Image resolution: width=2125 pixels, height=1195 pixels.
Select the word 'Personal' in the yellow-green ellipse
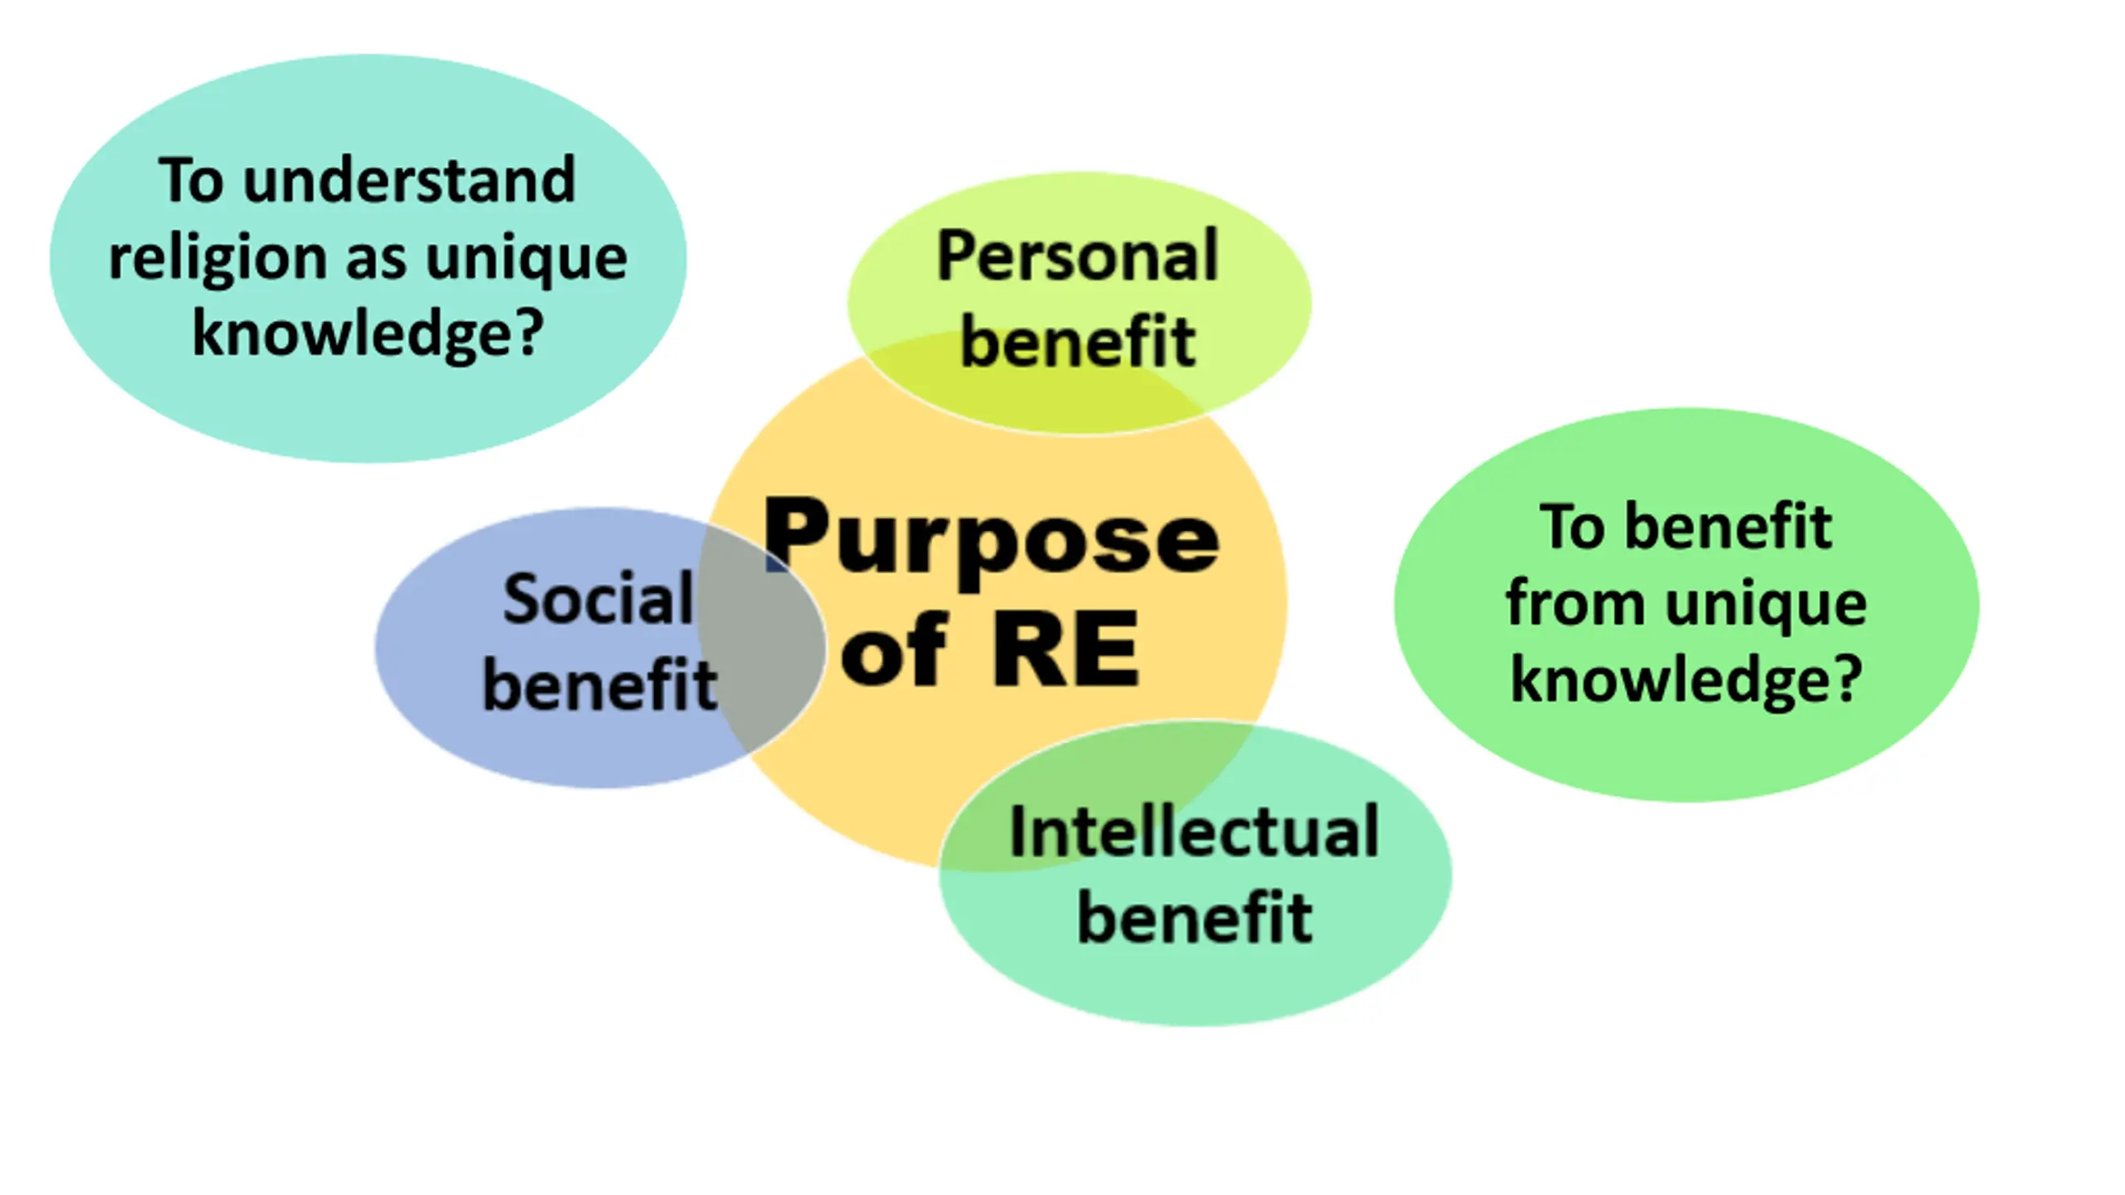(x=1077, y=256)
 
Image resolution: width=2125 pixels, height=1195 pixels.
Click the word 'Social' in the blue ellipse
(x=598, y=599)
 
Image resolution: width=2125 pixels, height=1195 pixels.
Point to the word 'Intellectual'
(x=1194, y=832)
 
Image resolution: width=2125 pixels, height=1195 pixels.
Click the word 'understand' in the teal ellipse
(x=408, y=180)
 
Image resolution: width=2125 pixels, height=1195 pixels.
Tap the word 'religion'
(x=217, y=259)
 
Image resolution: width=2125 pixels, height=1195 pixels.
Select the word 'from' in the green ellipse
(x=1575, y=603)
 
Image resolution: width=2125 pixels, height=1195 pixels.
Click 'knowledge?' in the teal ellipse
(x=368, y=333)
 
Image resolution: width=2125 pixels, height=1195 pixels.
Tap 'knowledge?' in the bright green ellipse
(x=1686, y=680)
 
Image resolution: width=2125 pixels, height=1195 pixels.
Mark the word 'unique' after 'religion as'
(x=526, y=259)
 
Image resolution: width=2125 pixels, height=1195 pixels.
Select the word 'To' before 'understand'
(x=191, y=180)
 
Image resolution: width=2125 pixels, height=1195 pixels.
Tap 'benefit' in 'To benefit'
(x=1727, y=528)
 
